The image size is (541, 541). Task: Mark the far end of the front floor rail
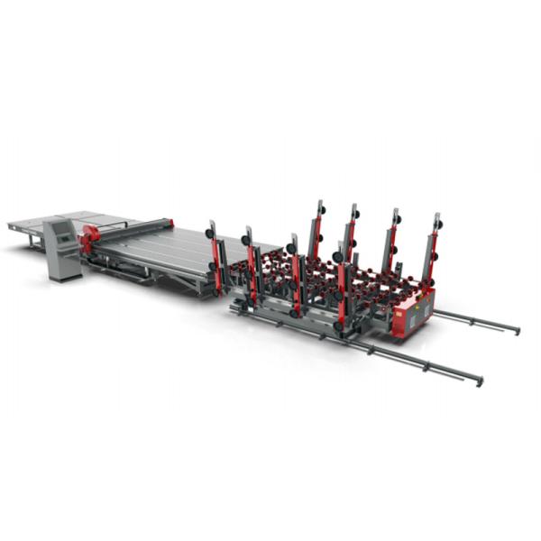(x=480, y=381)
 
